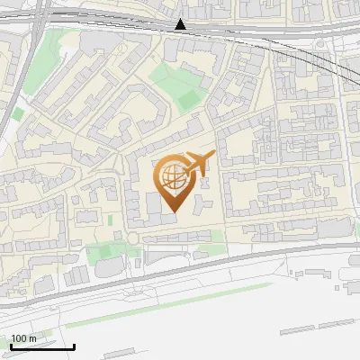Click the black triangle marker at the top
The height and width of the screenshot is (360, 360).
tap(181, 24)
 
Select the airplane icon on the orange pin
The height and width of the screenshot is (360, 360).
tap(198, 164)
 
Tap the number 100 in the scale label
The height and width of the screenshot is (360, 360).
tap(18, 338)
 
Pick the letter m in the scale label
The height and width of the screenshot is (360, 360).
tap(31, 338)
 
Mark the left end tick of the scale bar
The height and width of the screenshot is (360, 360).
tap(11, 345)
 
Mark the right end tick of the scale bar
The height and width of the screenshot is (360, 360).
tap(74, 345)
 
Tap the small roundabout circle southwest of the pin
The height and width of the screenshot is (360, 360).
tap(131, 238)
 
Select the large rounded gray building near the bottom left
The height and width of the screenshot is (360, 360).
tap(109, 267)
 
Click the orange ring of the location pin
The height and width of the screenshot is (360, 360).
tap(157, 180)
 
